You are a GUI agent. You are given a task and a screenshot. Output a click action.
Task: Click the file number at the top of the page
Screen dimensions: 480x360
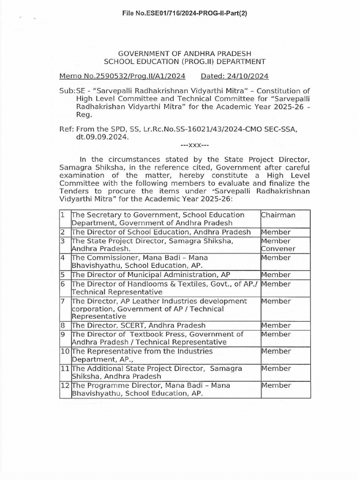[x=184, y=13]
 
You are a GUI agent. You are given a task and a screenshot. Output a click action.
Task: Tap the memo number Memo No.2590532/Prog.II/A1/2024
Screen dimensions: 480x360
[x=122, y=76]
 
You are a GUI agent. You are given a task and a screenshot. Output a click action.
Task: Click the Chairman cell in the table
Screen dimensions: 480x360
[x=278, y=215]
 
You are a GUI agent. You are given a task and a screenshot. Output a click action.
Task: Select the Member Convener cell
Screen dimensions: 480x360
[x=278, y=245]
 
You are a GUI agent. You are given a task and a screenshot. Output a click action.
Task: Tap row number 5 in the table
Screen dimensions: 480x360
[x=62, y=275]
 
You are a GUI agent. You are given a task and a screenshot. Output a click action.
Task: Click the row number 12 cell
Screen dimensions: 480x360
[x=65, y=385]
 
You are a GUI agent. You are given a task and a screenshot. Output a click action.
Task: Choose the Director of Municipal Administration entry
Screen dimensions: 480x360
[x=150, y=275]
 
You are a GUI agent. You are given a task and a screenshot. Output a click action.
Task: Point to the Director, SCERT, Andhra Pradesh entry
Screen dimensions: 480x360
[x=138, y=325]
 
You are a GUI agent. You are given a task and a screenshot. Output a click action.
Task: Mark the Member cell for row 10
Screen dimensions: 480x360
[x=276, y=351]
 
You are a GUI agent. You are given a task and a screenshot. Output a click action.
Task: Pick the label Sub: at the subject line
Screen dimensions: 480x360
[x=67, y=90]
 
